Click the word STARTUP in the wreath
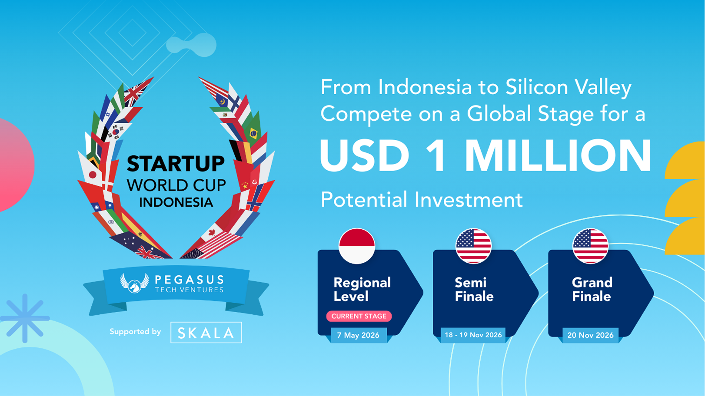(x=176, y=164)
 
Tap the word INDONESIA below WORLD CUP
(x=176, y=202)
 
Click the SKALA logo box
(x=206, y=333)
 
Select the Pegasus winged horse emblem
(x=134, y=283)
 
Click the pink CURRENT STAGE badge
(x=359, y=316)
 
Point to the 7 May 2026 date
(x=358, y=335)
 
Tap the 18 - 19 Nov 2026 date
(x=473, y=335)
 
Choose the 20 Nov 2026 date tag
(x=590, y=335)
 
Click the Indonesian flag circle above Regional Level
(x=356, y=246)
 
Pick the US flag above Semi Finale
(x=473, y=246)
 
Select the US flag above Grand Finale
(x=590, y=246)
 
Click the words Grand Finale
(x=592, y=289)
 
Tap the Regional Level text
(x=362, y=289)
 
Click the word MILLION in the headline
(x=558, y=156)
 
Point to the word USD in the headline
(x=365, y=156)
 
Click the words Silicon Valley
(x=569, y=87)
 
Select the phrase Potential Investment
(x=422, y=199)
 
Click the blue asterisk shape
(x=25, y=318)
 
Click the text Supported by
(x=135, y=332)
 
